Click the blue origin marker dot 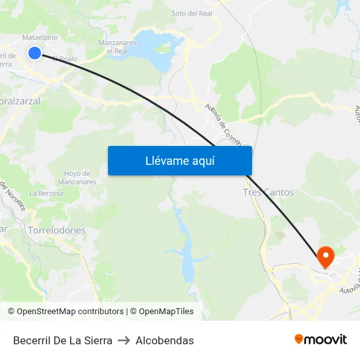pos(35,53)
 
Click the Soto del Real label pos(191,13)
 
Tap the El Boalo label pos(65,58)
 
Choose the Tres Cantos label pos(268,192)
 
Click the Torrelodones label pos(57,230)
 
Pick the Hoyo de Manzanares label pos(77,177)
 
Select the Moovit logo pos(321,340)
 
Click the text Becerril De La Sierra pos(63,340)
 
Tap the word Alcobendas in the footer pos(164,340)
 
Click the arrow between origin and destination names pos(124,340)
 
